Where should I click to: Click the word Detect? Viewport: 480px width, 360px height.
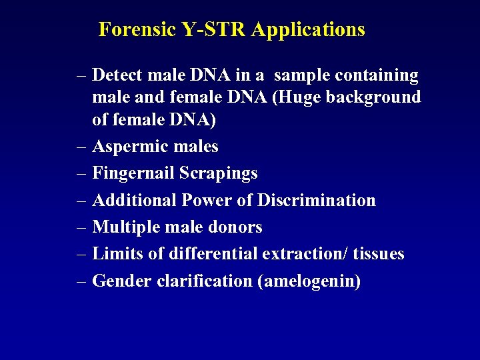point(121,76)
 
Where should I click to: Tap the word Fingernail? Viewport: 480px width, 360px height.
point(133,173)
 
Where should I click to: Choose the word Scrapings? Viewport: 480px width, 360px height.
point(219,173)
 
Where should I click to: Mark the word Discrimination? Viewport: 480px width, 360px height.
point(317,200)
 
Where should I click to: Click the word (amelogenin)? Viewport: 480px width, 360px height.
point(308,281)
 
